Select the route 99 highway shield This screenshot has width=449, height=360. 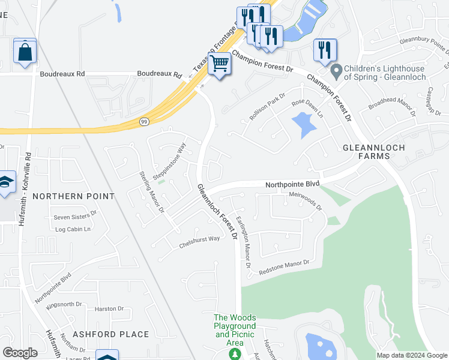[144, 122]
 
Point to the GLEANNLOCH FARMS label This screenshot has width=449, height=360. [373, 151]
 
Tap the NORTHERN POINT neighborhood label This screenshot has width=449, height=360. [74, 196]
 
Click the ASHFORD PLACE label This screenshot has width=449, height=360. [110, 334]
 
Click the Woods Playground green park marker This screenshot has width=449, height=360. [235, 355]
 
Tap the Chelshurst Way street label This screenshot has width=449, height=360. [200, 242]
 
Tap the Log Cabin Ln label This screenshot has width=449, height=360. [73, 229]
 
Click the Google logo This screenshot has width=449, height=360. [20, 353]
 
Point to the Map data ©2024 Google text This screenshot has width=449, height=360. [412, 355]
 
